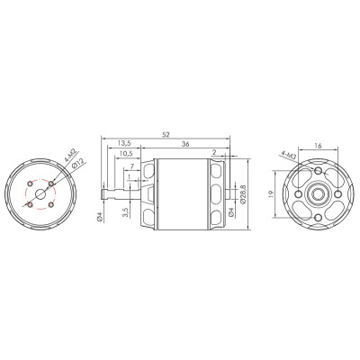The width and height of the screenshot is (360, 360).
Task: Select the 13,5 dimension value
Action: pos(125,143)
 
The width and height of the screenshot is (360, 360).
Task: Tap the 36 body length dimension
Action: pos(185,143)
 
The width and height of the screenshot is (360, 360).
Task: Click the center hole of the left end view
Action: pos(40,193)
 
